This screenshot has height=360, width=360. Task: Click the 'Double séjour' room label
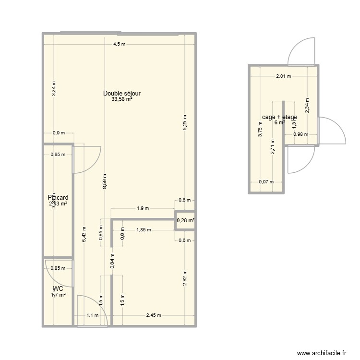coord(122,93)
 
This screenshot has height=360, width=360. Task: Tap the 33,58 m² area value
coord(122,100)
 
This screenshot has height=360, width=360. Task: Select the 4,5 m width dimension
coord(119,44)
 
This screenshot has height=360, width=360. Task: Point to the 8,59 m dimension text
coord(105,182)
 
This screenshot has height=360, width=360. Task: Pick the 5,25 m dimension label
coord(185,123)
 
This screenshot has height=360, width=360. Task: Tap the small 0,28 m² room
coord(185,221)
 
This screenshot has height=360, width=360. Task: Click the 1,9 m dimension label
coord(143,208)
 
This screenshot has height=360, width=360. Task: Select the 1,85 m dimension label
coord(143,230)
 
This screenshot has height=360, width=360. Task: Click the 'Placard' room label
coord(58,197)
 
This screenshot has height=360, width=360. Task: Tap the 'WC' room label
coord(58,289)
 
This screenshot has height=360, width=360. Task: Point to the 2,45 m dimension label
coord(154,315)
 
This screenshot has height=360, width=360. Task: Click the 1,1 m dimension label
coord(92,315)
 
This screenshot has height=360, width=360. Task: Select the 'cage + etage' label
coord(279,117)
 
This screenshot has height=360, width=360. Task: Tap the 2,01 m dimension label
coord(283,76)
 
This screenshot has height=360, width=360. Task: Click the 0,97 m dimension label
coord(266,182)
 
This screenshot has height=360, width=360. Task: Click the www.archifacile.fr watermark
coord(321,353)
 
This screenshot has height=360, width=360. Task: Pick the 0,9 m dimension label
coord(58,133)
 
